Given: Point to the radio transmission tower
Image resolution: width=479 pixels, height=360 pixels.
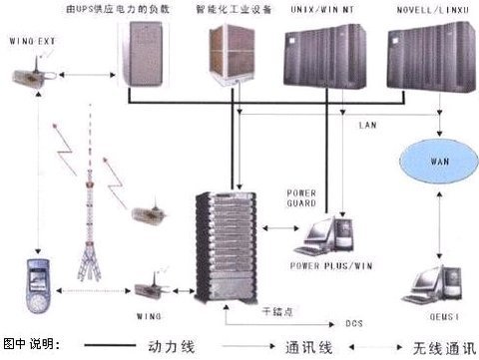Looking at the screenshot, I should click(113, 229).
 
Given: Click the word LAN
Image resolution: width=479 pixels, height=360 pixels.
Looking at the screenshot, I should click(367, 125).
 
